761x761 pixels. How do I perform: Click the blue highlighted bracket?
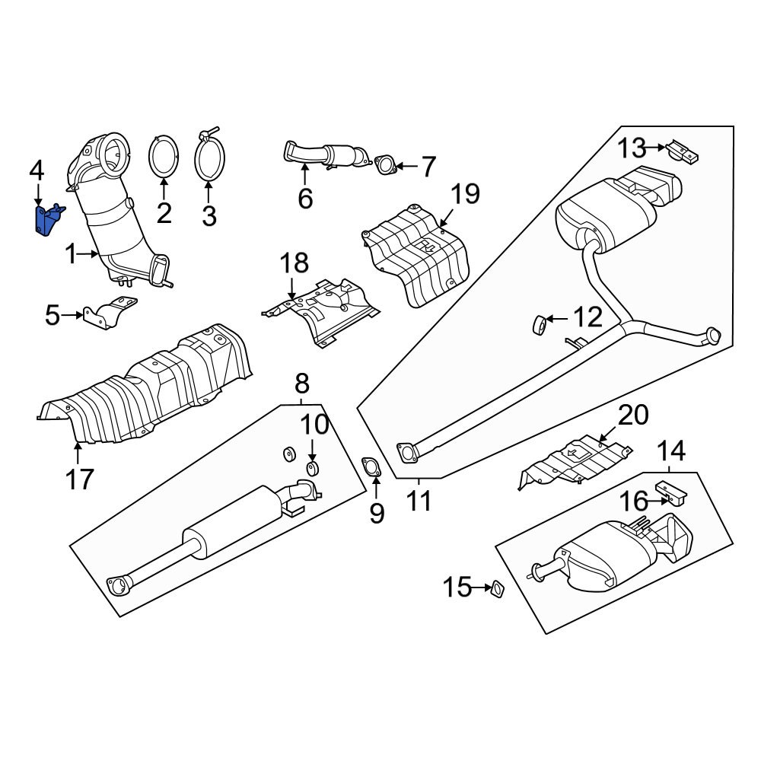tap(46, 221)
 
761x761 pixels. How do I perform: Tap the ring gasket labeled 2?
tap(164, 158)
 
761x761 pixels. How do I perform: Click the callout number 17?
tap(79, 479)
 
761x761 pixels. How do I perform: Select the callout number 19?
tap(463, 195)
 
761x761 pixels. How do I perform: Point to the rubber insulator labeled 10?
tap(312, 467)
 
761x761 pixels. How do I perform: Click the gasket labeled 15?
tap(498, 588)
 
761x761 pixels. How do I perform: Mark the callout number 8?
tap(301, 382)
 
